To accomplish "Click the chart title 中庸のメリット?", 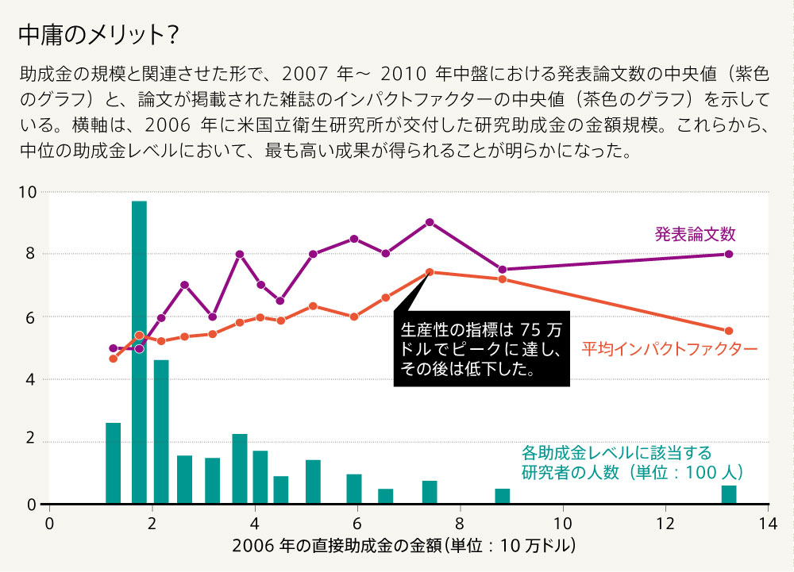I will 97,36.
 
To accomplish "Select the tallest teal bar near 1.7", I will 139,352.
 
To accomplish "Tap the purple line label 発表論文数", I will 696,234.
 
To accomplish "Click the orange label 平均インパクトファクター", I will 669,348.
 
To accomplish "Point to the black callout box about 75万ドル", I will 482,348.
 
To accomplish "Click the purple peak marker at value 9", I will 430,222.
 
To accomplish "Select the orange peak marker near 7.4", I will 430,272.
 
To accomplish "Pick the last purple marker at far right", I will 729,254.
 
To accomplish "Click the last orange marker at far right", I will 729,331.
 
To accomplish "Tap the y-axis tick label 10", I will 28,192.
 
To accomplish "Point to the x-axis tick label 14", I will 767,523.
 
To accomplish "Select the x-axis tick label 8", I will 459,523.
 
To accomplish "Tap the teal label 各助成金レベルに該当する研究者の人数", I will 632,463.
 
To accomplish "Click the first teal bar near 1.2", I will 113,463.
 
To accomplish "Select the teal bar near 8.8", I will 502,497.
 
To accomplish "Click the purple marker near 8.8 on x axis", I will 502,270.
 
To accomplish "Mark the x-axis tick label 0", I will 49,523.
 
